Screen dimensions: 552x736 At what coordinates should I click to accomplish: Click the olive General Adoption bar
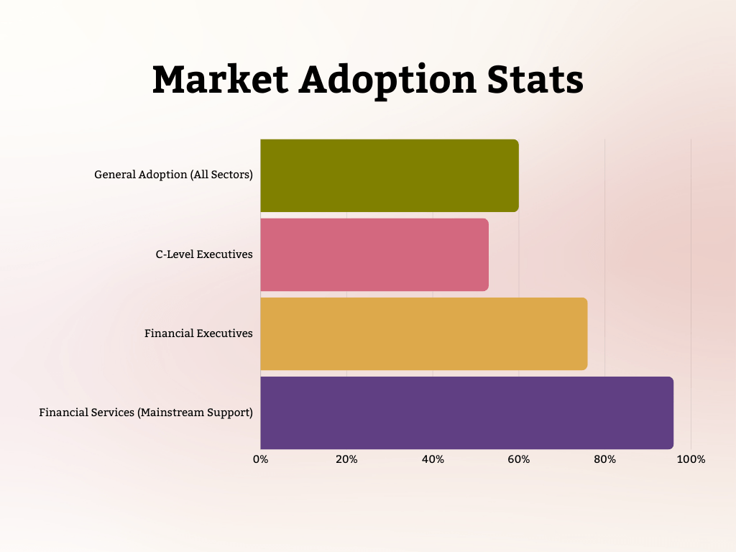click(x=389, y=175)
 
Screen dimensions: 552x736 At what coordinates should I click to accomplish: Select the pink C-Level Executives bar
click(x=374, y=254)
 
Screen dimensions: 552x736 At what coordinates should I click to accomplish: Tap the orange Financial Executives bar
click(x=423, y=333)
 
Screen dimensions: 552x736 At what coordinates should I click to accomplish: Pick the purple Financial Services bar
click(x=466, y=413)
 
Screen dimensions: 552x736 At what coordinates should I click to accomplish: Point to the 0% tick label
click(x=260, y=459)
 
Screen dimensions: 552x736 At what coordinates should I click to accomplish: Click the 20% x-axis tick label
click(x=346, y=459)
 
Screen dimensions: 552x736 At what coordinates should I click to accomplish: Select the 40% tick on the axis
click(x=433, y=459)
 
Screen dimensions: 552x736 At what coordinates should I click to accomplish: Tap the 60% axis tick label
click(x=519, y=459)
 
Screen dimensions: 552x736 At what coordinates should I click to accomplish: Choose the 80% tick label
click(x=605, y=459)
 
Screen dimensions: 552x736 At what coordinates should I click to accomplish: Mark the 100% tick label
click(x=691, y=459)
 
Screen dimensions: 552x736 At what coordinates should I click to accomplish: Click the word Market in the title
click(x=218, y=79)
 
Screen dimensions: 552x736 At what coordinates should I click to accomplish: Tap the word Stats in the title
click(x=536, y=79)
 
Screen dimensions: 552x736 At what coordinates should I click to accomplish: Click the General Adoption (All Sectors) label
click(x=173, y=175)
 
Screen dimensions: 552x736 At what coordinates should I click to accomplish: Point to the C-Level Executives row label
click(x=204, y=254)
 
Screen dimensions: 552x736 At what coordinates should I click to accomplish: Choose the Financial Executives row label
click(x=198, y=333)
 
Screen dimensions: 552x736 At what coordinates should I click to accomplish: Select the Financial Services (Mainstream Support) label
click(x=146, y=413)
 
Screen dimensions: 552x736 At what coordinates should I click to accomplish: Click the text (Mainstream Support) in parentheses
click(x=195, y=413)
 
